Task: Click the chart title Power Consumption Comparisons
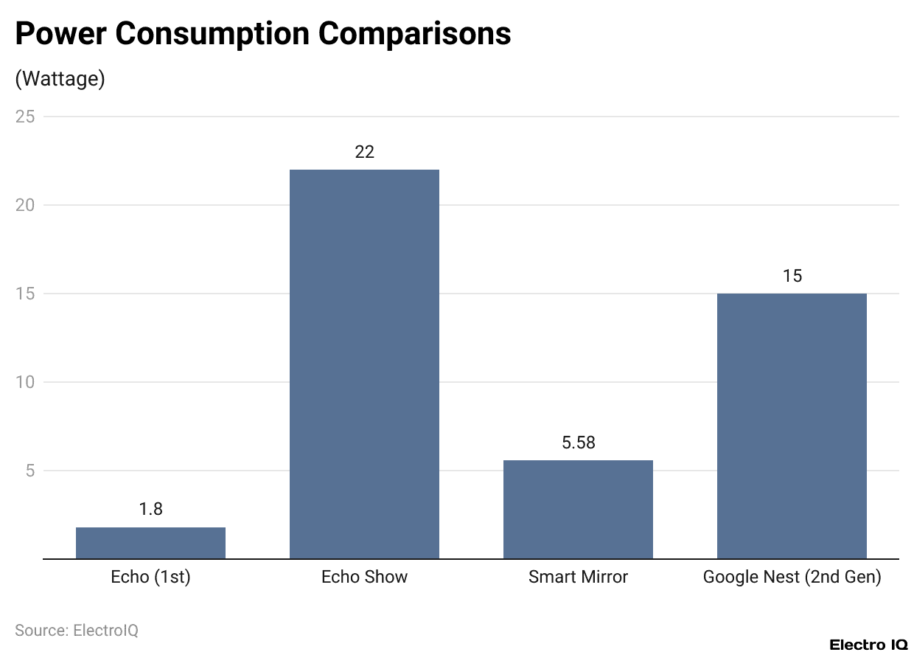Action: tap(262, 34)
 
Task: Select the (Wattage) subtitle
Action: tap(60, 79)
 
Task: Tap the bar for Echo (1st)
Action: tap(150, 543)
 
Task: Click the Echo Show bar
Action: tap(364, 364)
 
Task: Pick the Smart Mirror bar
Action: tap(578, 509)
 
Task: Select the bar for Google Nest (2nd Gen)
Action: tap(792, 426)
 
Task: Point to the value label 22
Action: tap(364, 152)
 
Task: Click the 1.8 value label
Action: tap(150, 509)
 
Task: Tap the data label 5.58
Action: tap(578, 443)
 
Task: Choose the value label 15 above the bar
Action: tap(792, 276)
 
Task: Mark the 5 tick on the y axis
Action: tap(31, 471)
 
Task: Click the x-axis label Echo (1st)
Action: tap(150, 577)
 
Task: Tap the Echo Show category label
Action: tap(364, 577)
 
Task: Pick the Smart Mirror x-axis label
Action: tap(578, 577)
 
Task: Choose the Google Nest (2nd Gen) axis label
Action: tap(792, 577)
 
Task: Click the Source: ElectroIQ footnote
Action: tap(77, 631)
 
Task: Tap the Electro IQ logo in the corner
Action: tap(868, 645)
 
